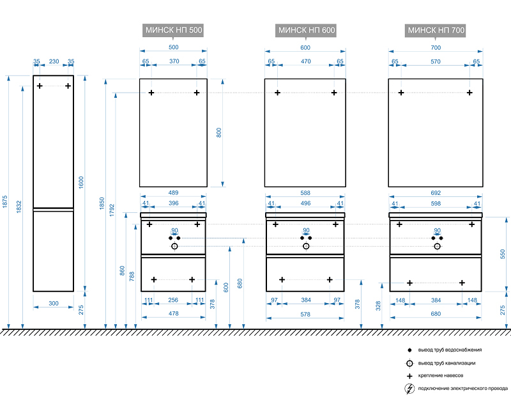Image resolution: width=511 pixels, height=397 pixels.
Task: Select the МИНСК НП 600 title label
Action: [307, 30]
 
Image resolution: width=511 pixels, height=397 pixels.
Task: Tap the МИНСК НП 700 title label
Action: [436, 30]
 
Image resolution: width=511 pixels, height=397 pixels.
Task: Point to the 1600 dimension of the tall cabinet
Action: [81, 182]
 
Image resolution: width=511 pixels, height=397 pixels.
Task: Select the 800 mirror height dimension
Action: [218, 133]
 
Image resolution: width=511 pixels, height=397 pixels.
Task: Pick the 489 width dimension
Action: [173, 192]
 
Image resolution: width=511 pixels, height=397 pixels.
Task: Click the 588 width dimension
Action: [305, 192]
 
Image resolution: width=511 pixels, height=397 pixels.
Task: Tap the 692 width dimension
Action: [436, 192]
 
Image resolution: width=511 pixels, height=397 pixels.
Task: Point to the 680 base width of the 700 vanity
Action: [436, 313]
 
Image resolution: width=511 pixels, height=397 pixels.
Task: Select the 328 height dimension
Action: [378, 306]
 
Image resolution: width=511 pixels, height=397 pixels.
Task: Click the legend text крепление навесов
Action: [441, 375]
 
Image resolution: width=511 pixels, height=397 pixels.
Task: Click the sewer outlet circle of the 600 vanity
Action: [306, 245]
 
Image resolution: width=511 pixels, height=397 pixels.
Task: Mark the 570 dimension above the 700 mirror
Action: [436, 61]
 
